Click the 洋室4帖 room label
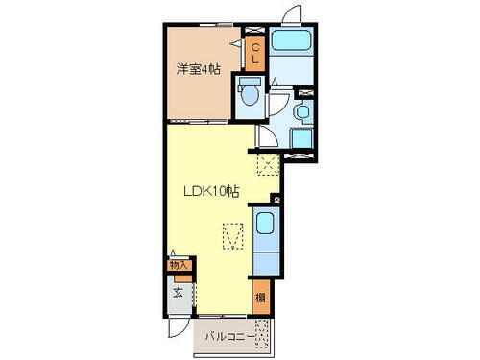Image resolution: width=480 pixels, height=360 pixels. (198, 69)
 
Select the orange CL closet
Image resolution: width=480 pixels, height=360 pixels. (255, 53)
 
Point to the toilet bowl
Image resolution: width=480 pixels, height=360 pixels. (249, 94)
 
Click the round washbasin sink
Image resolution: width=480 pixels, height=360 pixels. (301, 112)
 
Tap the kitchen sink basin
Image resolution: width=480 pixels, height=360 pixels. (266, 228)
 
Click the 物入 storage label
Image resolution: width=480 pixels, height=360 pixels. (178, 264)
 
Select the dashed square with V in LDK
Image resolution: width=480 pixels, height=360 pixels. (232, 235)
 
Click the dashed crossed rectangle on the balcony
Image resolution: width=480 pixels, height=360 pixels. (275, 335)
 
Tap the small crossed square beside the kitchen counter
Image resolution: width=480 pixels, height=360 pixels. (276, 199)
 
